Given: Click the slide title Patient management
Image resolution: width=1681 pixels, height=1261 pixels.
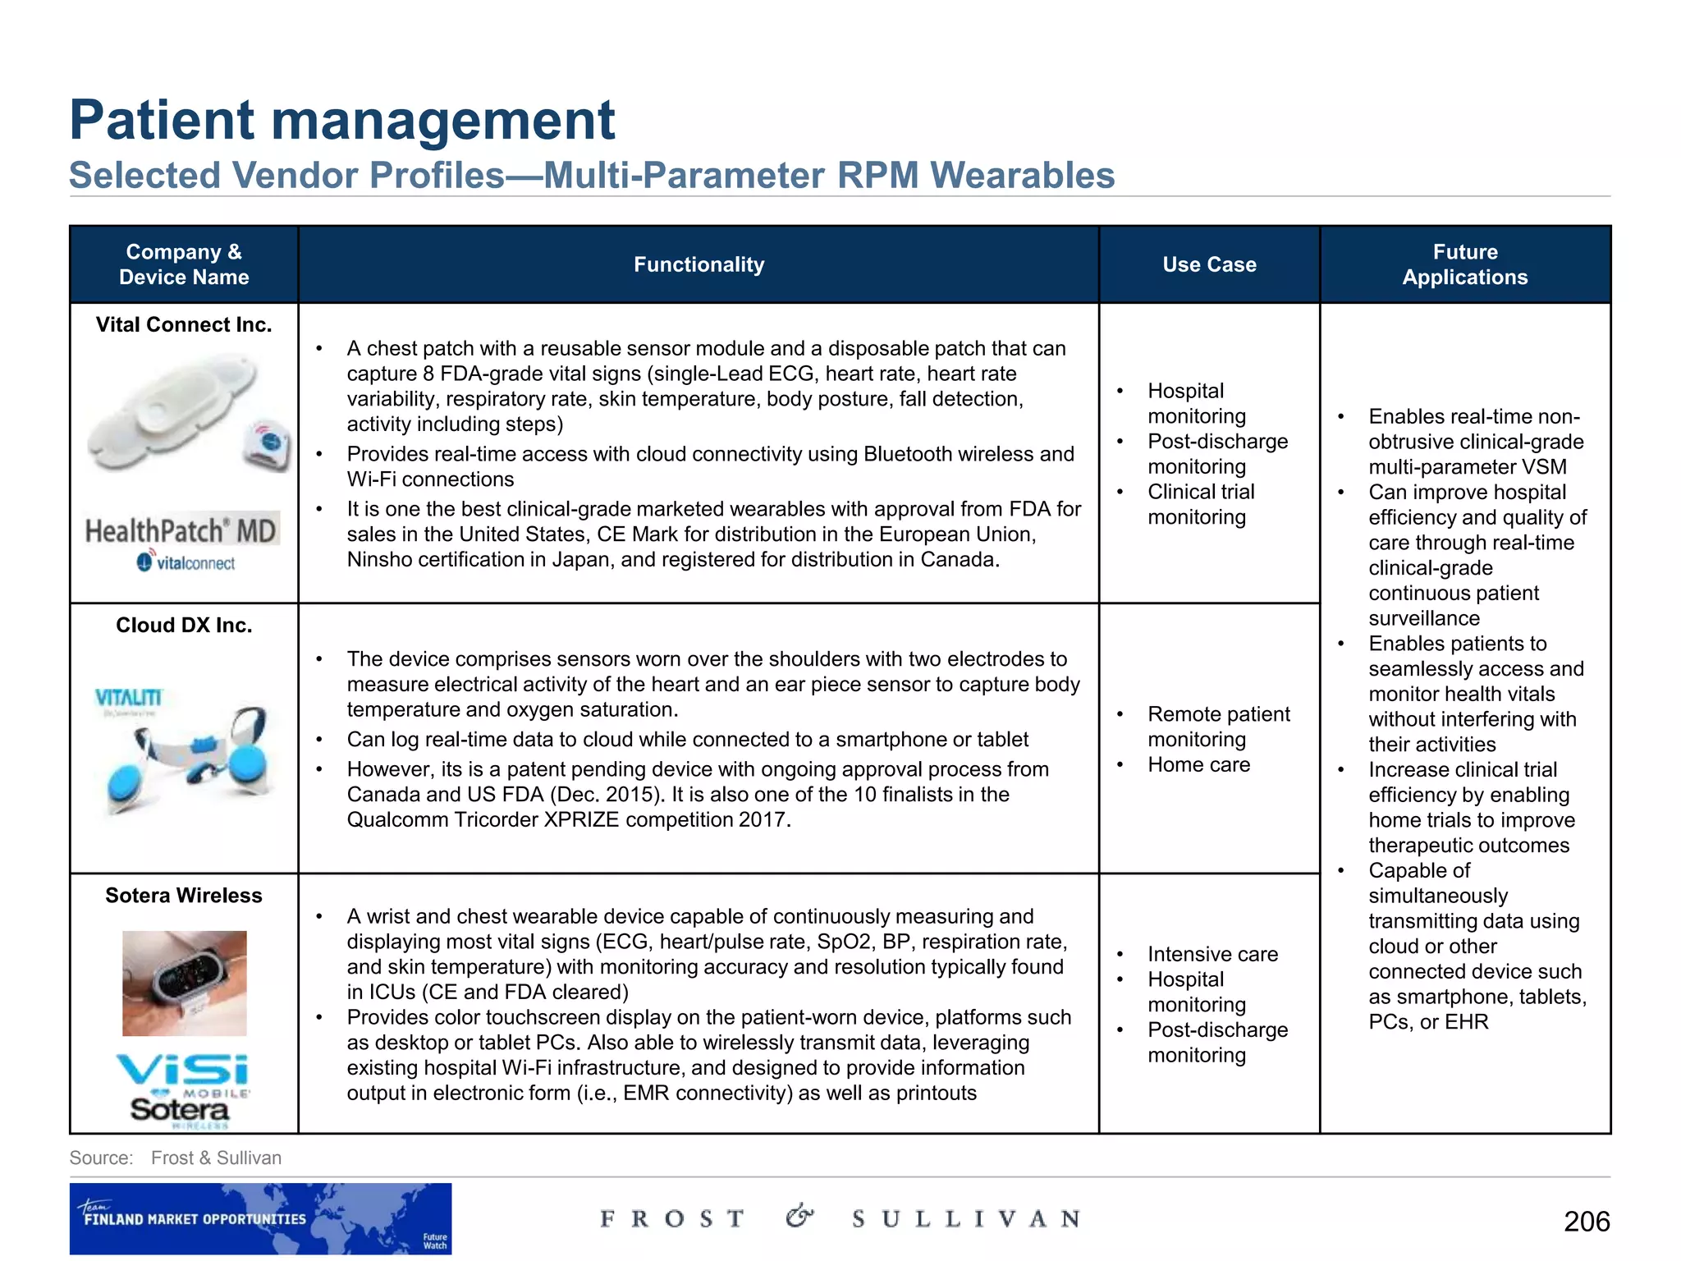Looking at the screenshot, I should pos(342,120).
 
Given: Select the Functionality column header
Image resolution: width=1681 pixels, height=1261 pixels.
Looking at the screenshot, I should pos(699,264).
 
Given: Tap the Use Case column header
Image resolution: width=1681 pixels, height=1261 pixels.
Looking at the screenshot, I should pos(1209,264).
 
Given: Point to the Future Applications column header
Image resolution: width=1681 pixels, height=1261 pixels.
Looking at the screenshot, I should pos(1465,264).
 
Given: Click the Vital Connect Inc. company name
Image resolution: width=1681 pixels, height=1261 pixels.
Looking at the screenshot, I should pos(184,324).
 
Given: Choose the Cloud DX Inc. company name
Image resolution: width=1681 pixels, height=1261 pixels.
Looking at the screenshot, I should pos(184,625).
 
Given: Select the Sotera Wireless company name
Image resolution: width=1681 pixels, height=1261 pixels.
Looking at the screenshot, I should pos(184,895).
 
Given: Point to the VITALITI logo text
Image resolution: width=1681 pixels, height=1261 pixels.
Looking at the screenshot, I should pos(129,698).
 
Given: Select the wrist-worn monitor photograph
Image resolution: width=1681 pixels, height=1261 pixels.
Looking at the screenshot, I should pos(185,983).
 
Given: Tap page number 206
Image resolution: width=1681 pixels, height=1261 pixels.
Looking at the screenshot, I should pos(1587,1221).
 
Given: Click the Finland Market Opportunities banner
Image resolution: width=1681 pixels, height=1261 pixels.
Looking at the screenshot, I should pos(260,1218).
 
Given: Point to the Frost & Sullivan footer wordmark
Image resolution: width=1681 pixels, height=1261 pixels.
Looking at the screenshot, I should pos(840,1218).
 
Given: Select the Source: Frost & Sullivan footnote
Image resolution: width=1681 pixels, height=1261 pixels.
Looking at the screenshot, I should pos(176,1158).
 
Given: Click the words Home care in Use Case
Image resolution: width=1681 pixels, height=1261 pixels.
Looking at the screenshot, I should pos(1198,764).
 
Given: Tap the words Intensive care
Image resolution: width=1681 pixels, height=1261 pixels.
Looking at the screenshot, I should pos(1212,954).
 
